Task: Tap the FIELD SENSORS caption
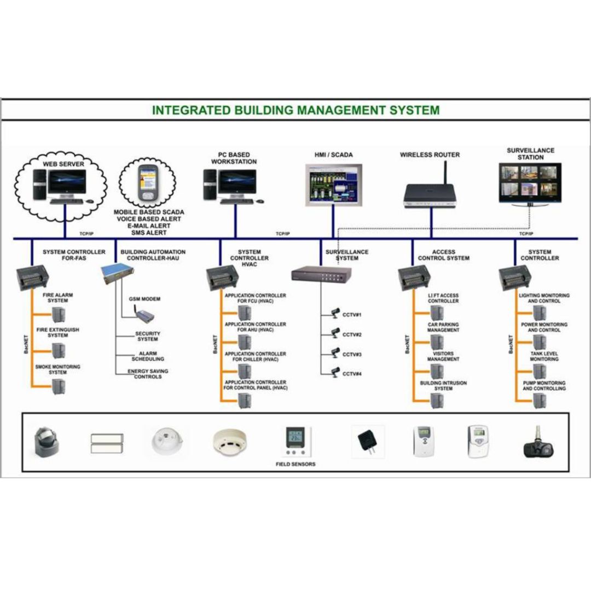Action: click(296, 464)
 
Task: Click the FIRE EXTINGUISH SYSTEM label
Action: click(57, 333)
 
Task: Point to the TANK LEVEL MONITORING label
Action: click(544, 356)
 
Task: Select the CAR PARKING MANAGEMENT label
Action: click(443, 327)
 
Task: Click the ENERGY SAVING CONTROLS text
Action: click(148, 374)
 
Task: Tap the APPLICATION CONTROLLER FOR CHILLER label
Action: click(255, 356)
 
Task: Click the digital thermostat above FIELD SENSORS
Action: click(296, 441)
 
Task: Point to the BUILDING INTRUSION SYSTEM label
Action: click(443, 386)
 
